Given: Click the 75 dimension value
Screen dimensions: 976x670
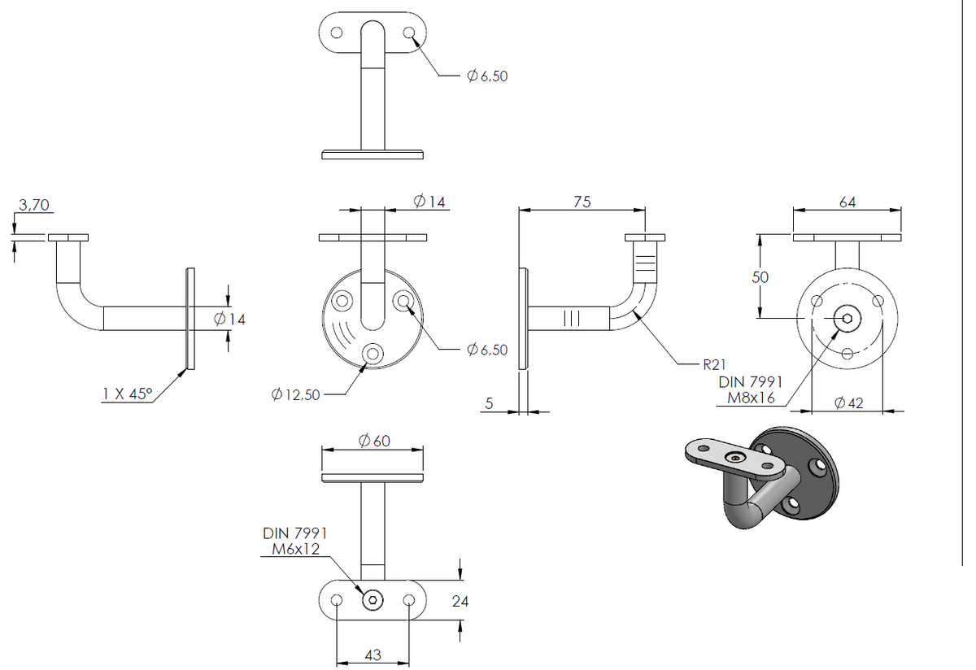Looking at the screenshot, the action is pyautogui.click(x=582, y=202).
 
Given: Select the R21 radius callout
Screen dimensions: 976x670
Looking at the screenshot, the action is pyautogui.click(x=715, y=364).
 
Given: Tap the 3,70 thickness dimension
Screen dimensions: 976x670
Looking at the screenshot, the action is pyautogui.click(x=34, y=205).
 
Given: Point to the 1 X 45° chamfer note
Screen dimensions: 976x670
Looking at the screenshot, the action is pyautogui.click(x=127, y=394).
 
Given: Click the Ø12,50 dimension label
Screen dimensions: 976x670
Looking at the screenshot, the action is pyautogui.click(x=295, y=394).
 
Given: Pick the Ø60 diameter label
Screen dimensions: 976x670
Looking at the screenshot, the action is pyautogui.click(x=374, y=441).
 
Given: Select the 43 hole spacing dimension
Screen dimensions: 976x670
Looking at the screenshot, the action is pyautogui.click(x=373, y=655).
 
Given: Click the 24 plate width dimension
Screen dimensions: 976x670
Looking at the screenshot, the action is pyautogui.click(x=460, y=602).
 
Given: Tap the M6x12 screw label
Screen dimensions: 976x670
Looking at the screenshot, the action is pyautogui.click(x=296, y=549).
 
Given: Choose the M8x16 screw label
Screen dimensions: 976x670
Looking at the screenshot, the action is pyautogui.click(x=751, y=398).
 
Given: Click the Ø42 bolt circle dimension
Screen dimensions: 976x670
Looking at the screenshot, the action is pyautogui.click(x=849, y=403).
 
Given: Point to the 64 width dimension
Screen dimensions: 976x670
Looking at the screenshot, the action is pyautogui.click(x=847, y=202).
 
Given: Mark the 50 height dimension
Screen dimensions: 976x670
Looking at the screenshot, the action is pyautogui.click(x=760, y=277).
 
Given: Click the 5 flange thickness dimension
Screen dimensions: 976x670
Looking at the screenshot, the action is pyautogui.click(x=489, y=403).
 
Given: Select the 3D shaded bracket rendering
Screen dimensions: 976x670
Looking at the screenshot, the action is pyautogui.click(x=762, y=477).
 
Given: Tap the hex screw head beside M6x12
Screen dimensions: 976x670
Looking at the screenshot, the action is pyautogui.click(x=373, y=600).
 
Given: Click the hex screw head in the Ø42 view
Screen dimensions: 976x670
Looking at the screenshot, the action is pyautogui.click(x=847, y=319).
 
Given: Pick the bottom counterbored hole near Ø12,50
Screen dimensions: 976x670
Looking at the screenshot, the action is pyautogui.click(x=373, y=354).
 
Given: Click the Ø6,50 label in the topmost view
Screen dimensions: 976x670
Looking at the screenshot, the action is pyautogui.click(x=487, y=76).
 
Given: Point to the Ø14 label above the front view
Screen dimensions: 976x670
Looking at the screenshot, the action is pyautogui.click(x=429, y=202).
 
